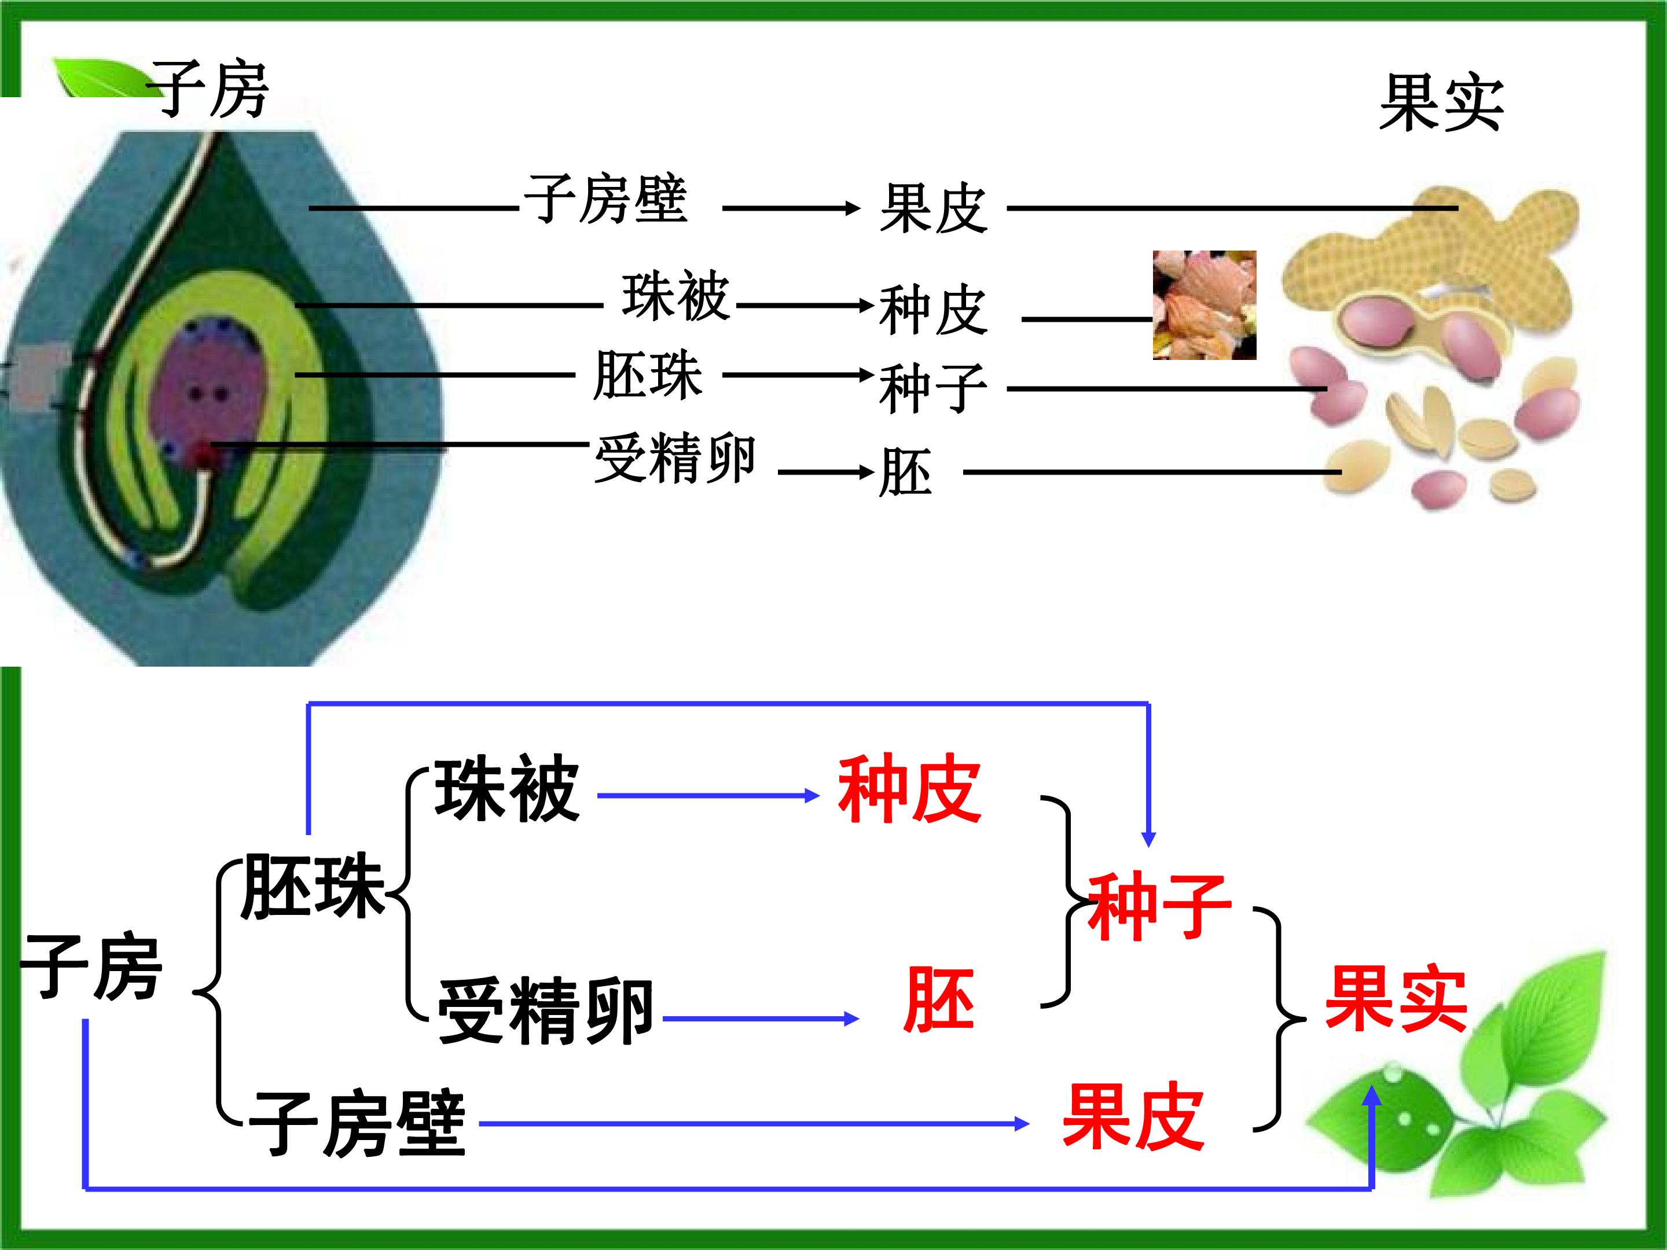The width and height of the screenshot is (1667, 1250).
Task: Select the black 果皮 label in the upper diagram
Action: [x=933, y=209]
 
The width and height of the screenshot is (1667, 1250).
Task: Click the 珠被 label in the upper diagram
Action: [x=675, y=296]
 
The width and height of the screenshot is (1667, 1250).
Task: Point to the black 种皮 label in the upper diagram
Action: [x=933, y=310]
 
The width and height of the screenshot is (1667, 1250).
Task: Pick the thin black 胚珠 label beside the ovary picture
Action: [x=647, y=374]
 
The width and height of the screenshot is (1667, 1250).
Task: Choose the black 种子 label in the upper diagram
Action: [x=933, y=389]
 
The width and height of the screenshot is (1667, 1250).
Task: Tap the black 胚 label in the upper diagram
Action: [x=905, y=472]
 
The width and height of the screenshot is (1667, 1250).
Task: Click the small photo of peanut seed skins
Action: [x=1205, y=304]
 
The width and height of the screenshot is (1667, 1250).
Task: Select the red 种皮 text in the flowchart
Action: [x=910, y=789]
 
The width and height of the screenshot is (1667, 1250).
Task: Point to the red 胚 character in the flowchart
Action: [x=939, y=999]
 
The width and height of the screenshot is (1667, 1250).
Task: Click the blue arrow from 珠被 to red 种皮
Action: [x=708, y=795]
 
